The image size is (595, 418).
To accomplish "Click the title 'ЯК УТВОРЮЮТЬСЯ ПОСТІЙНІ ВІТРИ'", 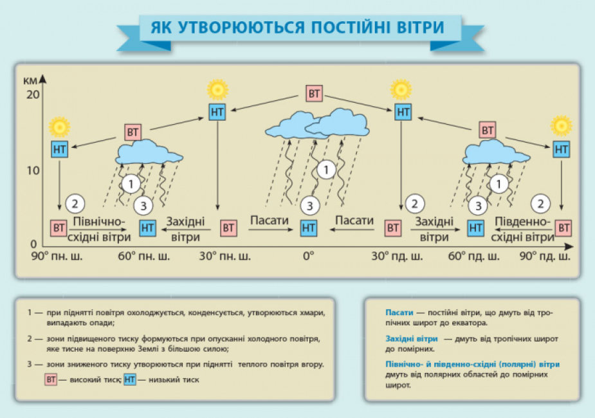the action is coord(297,27).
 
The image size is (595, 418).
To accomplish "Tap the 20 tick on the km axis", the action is coord(33,94).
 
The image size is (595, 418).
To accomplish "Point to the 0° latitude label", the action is coord(308,256).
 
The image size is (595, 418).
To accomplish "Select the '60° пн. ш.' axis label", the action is coord(144,257).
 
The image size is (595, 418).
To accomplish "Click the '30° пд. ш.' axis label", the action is coord(397,257).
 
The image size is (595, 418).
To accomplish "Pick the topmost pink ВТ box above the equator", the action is coord(314,93).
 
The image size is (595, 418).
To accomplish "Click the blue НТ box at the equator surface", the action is coord(308,228).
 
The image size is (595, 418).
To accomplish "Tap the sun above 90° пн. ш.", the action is coord(60,127).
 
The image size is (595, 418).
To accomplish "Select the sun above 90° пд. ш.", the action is coord(561,126).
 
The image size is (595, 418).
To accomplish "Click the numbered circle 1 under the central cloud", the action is coord(326,170).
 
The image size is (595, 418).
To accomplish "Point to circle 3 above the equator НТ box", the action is coord(309,206).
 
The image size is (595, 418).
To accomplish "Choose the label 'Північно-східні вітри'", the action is coord(100,229).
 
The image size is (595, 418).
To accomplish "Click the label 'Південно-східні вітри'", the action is coord(523,229).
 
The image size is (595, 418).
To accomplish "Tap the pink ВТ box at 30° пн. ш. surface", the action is coord(228,228).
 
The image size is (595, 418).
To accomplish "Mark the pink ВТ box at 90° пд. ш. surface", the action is coord(563,228).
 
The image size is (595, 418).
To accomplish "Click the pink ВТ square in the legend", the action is coord(51,379).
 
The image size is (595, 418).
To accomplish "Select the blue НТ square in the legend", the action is coord(130,379).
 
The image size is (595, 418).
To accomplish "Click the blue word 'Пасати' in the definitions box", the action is coord(399,313).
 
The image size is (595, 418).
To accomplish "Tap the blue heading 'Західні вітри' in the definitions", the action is coord(412,339).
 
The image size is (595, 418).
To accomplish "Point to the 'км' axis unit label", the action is coord(30,81).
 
